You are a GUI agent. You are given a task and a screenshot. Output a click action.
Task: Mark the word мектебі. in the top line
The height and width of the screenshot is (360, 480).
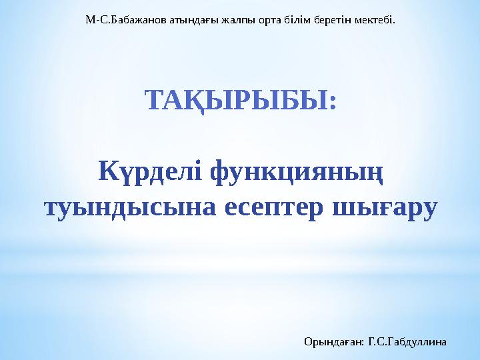tap(375, 19)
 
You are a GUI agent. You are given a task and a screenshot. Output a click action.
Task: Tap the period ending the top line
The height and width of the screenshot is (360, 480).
tap(394, 22)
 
